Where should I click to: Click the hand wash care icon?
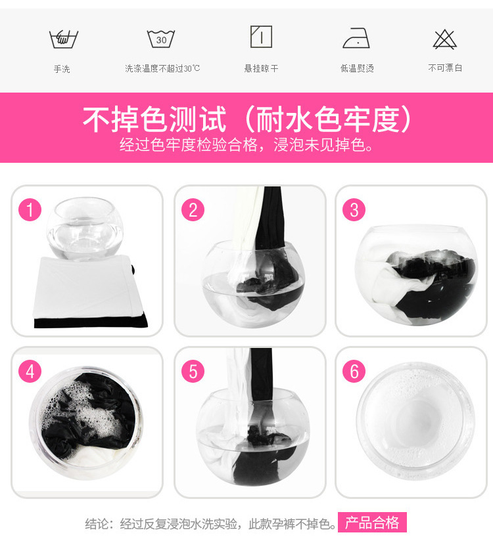[x=64, y=39]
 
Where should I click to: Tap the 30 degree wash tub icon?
[x=161, y=39]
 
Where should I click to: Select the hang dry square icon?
[x=261, y=36]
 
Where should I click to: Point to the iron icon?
[x=356, y=38]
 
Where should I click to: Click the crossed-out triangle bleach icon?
[x=444, y=39]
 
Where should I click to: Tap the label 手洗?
[x=62, y=68]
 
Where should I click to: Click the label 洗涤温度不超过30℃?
[x=162, y=68]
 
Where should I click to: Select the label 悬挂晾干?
[x=261, y=68]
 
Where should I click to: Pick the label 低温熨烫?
[x=357, y=68]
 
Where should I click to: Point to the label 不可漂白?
[x=445, y=68]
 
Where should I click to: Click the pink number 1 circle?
[x=30, y=209]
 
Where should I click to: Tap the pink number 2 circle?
[x=193, y=209]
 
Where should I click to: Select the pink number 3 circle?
[x=354, y=209]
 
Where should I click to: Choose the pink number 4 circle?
[x=30, y=371]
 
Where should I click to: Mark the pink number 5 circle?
[x=193, y=371]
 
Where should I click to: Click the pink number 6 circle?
[x=354, y=371]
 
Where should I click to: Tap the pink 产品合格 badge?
[x=372, y=523]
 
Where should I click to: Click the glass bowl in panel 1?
[x=85, y=228]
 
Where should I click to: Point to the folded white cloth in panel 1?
[x=87, y=287]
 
